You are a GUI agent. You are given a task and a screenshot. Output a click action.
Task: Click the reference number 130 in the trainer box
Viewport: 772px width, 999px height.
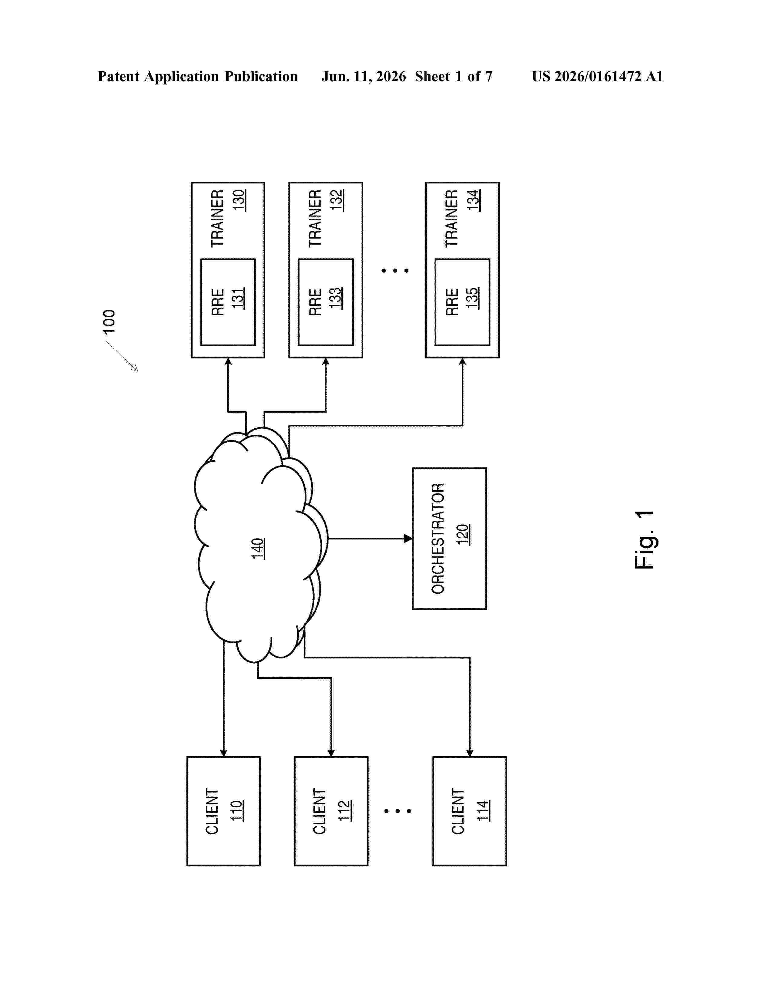pos(239,200)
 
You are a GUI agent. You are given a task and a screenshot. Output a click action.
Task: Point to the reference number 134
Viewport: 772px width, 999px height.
pos(473,200)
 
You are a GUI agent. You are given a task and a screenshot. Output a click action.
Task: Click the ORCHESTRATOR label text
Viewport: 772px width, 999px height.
pos(438,538)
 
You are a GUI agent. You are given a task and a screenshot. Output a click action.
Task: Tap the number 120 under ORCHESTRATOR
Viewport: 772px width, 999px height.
pos(463,535)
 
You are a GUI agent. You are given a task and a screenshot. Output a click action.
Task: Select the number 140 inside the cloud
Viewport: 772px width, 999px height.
pos(258,549)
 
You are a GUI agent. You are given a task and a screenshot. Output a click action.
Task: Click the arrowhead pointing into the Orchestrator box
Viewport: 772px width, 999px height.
pos(408,538)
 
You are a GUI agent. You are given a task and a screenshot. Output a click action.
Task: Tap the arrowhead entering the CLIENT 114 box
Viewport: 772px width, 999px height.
pos(470,753)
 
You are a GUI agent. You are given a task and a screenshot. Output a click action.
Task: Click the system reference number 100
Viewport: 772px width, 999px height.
pos(109,321)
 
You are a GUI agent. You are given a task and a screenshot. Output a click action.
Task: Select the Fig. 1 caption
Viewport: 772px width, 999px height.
pos(645,540)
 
